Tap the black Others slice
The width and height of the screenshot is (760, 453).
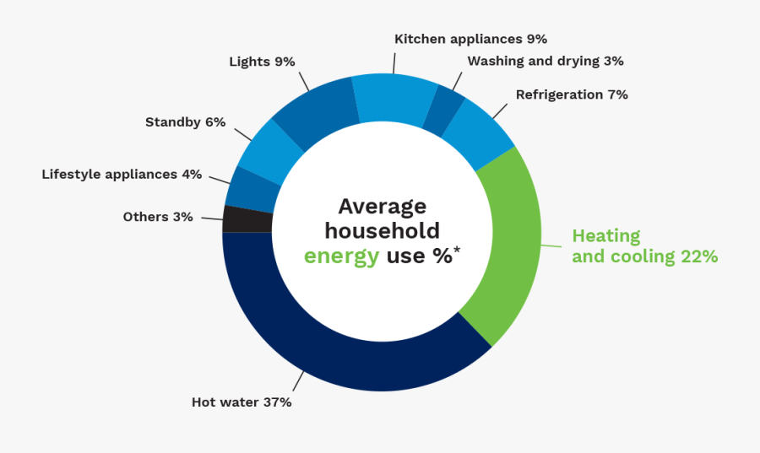point(247,219)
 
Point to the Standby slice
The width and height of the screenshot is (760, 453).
point(269,151)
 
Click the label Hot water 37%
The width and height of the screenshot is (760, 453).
point(242,402)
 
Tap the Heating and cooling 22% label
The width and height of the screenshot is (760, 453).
point(644,246)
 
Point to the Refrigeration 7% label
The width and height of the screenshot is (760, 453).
point(572,94)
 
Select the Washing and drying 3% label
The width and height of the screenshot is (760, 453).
point(546,61)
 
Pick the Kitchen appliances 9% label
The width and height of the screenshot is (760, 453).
point(470,39)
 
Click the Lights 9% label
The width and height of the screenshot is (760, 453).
point(262,61)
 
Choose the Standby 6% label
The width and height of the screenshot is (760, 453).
point(185,121)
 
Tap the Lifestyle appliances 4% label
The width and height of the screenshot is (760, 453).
point(122,175)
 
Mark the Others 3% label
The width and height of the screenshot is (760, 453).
point(158,217)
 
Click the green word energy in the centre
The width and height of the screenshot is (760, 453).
point(341,256)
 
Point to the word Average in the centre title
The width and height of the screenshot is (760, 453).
point(383,207)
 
